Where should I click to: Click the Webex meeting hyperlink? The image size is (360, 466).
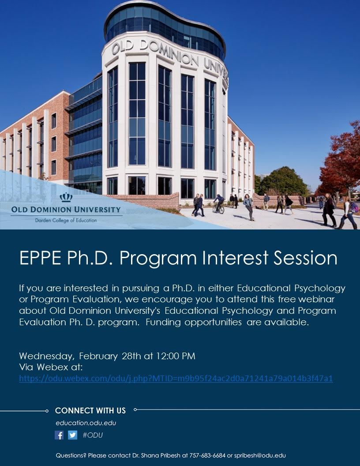(176, 378)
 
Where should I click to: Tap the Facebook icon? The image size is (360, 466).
(59, 435)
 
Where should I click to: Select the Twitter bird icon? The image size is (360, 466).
(72, 435)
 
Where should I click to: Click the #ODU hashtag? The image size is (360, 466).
(93, 435)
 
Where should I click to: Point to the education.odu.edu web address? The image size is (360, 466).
(86, 423)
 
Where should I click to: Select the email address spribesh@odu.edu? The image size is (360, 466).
(260, 455)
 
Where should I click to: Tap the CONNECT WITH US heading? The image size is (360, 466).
(90, 411)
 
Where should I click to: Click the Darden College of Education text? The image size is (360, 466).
(66, 220)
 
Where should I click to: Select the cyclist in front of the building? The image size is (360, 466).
(218, 204)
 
